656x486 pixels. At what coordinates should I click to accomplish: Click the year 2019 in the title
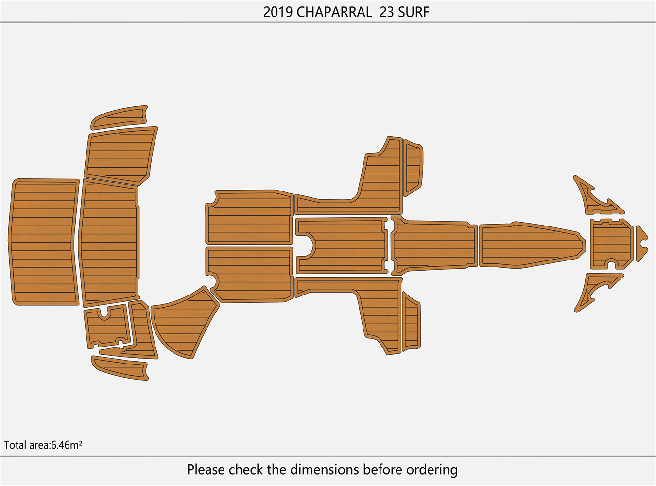coord(278,12)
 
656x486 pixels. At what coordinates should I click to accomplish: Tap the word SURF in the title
coord(414,12)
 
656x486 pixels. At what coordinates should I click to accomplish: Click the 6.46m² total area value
coord(67,445)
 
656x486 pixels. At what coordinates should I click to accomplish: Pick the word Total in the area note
coord(16,445)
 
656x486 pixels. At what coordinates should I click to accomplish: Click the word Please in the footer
coord(206,470)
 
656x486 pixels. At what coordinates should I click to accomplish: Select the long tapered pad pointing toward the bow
coord(530,245)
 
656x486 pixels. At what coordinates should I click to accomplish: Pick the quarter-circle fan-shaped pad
coord(182,323)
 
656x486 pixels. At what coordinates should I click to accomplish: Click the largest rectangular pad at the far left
coord(44,242)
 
